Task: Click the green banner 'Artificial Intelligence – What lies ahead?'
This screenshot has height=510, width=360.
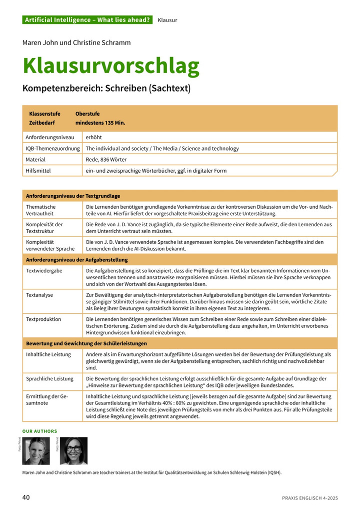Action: coord(87,20)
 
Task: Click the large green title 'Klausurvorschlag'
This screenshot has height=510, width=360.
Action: coord(111,66)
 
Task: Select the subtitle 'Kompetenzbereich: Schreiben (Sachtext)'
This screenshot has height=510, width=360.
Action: coord(106,89)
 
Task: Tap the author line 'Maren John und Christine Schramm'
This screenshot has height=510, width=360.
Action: coord(76,43)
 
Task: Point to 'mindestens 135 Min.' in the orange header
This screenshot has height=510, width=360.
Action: coord(100,123)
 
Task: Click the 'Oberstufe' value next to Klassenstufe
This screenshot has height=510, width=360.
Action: coord(87,114)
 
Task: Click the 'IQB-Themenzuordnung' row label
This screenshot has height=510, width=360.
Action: coord(52,148)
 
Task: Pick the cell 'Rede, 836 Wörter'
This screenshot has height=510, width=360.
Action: coord(106,160)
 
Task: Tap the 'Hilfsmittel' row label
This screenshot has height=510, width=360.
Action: coord(38,171)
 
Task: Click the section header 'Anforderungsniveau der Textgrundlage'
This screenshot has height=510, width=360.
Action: coord(73,196)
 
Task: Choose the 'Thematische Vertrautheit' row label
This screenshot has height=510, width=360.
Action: coord(41,210)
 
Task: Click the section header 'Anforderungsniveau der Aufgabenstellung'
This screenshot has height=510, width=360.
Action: coord(76,260)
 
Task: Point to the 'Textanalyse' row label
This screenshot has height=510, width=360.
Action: coord(39,295)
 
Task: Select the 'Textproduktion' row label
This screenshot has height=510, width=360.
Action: coord(43,319)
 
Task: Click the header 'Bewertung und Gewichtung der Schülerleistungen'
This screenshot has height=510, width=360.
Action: coord(86,343)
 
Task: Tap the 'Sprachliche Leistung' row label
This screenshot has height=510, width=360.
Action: coord(49,379)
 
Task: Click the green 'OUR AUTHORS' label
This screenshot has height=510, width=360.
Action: coord(40,431)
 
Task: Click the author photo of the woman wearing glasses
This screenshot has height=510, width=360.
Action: coord(73,451)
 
